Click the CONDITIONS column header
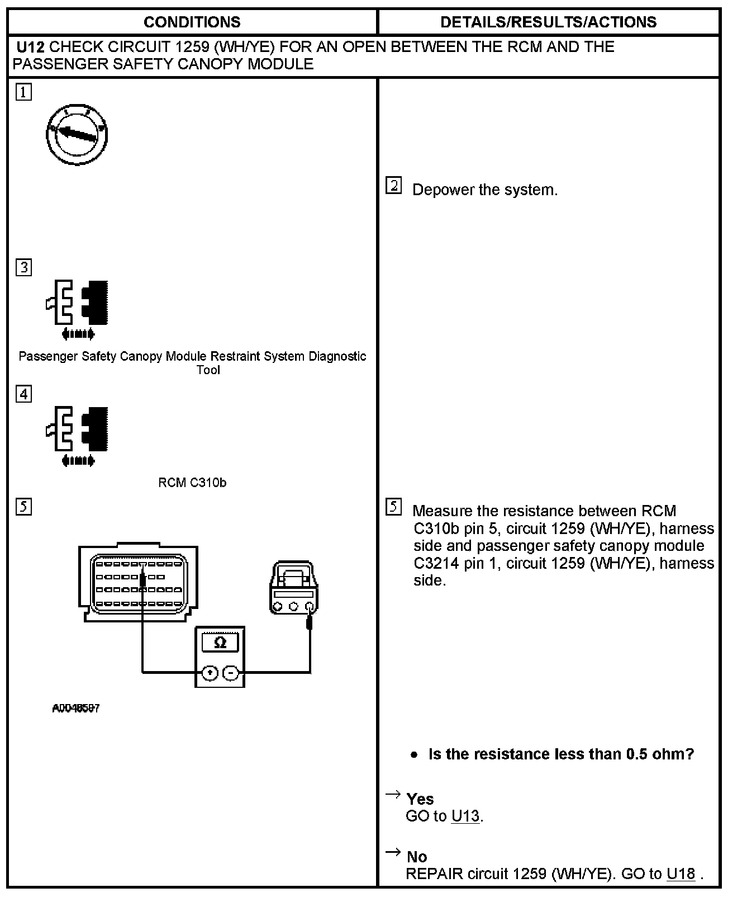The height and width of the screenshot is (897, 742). pos(192,22)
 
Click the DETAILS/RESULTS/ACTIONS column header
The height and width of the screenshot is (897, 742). pos(548,22)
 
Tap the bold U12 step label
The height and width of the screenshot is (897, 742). pos(30,47)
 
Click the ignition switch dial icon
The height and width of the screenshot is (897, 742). pos(77,135)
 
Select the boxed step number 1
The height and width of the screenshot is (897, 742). pos(23,92)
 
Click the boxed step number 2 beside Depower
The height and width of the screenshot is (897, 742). pos(393,186)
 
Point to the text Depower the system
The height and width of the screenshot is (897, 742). pos(484,190)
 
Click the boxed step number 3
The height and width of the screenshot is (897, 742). pos(23,267)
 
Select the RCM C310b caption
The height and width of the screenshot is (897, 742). pos(192,483)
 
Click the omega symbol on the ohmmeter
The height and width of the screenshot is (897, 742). pos(220,643)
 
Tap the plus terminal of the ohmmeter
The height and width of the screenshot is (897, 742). pos(210,673)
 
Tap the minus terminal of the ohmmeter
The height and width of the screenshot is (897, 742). pos(231,673)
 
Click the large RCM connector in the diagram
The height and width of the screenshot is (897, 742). pos(139,582)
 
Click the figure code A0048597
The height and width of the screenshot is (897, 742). pos(76,708)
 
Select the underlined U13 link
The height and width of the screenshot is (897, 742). pos(465,816)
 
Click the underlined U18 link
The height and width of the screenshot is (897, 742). pos(681,874)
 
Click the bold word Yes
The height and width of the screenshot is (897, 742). pos(420,799)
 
